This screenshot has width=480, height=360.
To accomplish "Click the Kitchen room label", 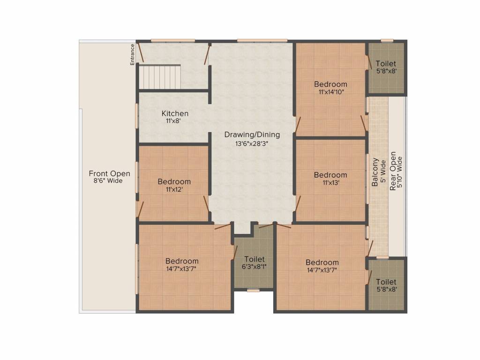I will pyautogui.click(x=175, y=113).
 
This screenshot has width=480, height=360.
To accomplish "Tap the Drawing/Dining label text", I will pyautogui.click(x=252, y=135).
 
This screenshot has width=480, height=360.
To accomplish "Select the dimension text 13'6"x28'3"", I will pyautogui.click(x=252, y=143).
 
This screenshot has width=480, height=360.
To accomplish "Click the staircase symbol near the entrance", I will pyautogui.click(x=160, y=77).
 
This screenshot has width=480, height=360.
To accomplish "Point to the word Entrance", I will pyautogui.click(x=133, y=54).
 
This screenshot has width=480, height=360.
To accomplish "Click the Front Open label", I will pyautogui.click(x=109, y=173).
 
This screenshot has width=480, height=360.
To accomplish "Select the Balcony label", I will pyautogui.click(x=375, y=172).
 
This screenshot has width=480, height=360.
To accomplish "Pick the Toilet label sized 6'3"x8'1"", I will pyautogui.click(x=254, y=259).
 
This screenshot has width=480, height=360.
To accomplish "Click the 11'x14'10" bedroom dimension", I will pyautogui.click(x=331, y=92).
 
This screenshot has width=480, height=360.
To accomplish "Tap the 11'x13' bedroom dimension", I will pyautogui.click(x=330, y=183).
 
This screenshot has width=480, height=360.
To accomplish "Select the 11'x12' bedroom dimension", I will pyautogui.click(x=174, y=189).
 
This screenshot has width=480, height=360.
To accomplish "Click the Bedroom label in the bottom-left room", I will pyautogui.click(x=181, y=261).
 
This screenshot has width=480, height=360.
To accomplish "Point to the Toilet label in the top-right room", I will pyautogui.click(x=386, y=63).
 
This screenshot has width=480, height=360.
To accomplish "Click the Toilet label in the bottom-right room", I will pyautogui.click(x=386, y=282).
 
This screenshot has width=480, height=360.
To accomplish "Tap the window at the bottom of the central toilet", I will pyautogui.click(x=253, y=291).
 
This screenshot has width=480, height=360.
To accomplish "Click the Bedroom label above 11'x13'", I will pyautogui.click(x=330, y=175).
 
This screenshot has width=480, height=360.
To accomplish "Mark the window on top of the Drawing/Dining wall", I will pyautogui.click(x=262, y=40).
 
